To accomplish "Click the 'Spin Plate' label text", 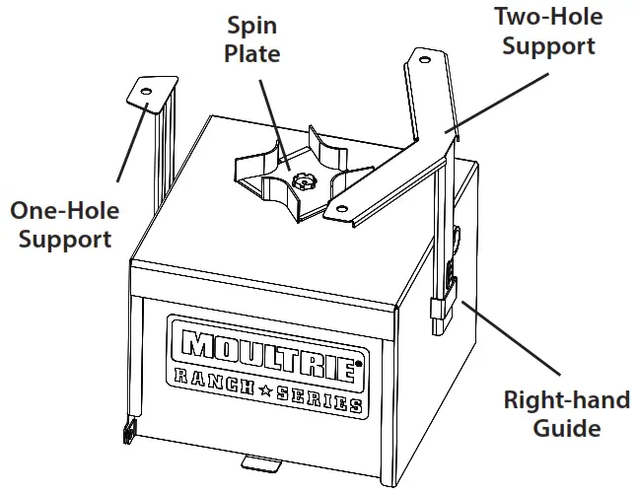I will click(x=251, y=39).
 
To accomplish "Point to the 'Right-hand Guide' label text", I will click(x=568, y=414).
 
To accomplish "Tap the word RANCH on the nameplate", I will click(x=212, y=380).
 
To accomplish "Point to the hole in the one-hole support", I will click(x=145, y=92).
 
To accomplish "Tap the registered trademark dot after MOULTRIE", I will click(x=357, y=362).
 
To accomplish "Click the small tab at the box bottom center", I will click(x=260, y=462).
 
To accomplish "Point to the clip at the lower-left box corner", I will click(x=127, y=431).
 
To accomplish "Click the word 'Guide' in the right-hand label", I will click(x=568, y=429).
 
